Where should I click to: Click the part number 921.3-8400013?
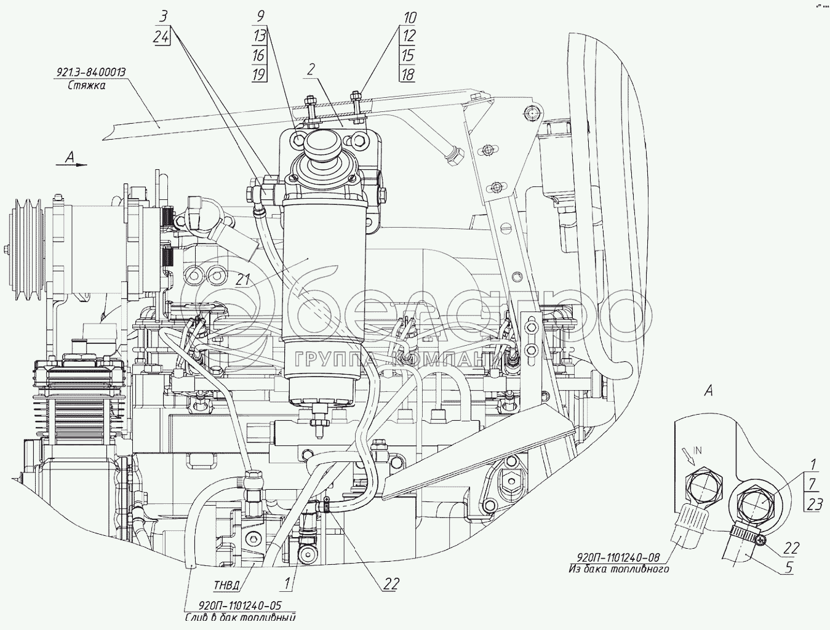[x=91, y=72]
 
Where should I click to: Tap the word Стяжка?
[x=87, y=86]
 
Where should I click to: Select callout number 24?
[x=161, y=37]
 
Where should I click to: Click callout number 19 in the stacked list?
[x=258, y=74]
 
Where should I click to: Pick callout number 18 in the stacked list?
[x=407, y=74]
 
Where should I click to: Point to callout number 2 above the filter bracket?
[x=311, y=70]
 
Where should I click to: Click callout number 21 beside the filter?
[x=244, y=279]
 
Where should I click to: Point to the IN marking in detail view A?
[x=698, y=450]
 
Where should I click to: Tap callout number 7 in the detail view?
[x=812, y=484]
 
